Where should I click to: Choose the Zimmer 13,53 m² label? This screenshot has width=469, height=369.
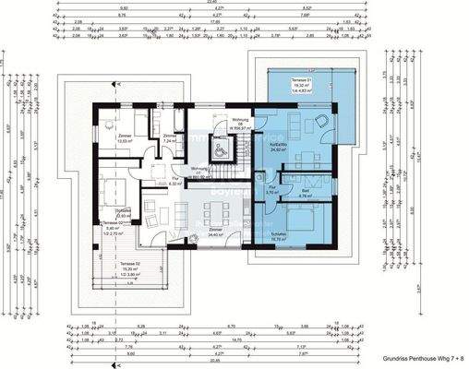[125, 138]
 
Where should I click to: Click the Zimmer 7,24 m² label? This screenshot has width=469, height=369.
[170, 139]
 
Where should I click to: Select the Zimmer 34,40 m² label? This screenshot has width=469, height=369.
[215, 232]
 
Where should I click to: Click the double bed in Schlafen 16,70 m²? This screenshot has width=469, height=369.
[299, 218]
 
